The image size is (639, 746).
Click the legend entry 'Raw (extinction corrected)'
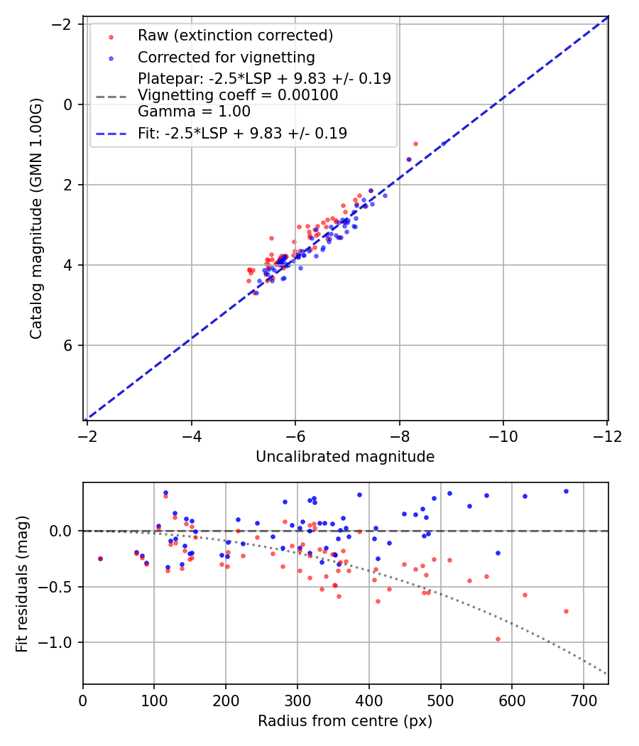[x=235, y=36]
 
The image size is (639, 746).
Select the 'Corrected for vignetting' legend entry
[x=226, y=57]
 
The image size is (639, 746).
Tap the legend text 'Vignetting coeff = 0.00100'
[x=238, y=95]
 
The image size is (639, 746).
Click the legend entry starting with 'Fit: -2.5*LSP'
[x=242, y=134]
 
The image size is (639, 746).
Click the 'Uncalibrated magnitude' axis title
[x=345, y=457]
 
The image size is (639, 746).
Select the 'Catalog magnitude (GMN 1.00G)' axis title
[x=37, y=218]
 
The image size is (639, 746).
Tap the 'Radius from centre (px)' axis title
[x=345, y=721]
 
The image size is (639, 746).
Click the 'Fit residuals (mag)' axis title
[x=22, y=583]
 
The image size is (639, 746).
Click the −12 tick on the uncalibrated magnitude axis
[x=606, y=436]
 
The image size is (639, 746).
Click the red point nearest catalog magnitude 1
[x=415, y=144]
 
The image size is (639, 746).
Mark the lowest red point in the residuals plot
[x=498, y=639]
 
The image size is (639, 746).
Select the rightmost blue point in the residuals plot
[x=566, y=491]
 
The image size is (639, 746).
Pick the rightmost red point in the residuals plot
[x=566, y=611]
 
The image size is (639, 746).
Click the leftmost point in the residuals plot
[x=100, y=558]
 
